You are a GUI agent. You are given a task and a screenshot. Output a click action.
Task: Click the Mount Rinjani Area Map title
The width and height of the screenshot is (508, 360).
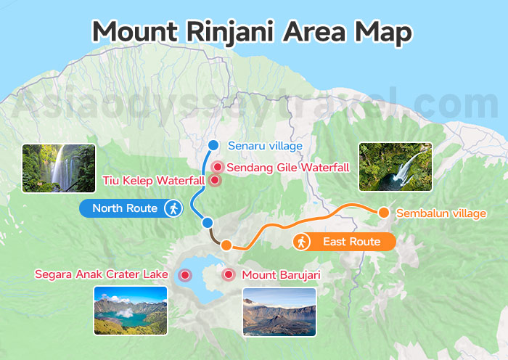tap(253, 32)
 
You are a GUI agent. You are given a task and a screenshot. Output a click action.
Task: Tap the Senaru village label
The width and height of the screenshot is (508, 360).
tap(265, 145)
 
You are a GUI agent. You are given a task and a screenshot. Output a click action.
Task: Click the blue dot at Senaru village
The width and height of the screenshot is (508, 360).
tap(213, 144)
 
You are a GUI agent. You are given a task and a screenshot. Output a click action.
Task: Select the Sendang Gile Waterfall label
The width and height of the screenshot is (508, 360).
tap(288, 168)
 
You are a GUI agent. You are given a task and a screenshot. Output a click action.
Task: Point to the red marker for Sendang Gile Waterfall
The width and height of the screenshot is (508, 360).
tap(217, 167)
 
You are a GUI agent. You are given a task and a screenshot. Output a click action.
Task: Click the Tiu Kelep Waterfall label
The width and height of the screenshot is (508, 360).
tap(153, 180)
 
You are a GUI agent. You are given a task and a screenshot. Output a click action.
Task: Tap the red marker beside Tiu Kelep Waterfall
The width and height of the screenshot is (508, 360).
tap(214, 180)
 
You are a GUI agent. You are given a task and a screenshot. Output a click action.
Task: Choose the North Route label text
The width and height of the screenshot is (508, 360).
tap(126, 208)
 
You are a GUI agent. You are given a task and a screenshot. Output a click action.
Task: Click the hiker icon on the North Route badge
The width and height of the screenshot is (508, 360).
tap(172, 208)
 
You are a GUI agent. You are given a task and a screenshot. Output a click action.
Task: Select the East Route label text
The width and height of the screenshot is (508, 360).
tap(352, 241)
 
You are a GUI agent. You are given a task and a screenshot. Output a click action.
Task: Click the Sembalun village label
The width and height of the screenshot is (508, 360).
tap(441, 213)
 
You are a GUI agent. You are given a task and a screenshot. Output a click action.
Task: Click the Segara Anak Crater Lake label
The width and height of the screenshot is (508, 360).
tap(102, 274)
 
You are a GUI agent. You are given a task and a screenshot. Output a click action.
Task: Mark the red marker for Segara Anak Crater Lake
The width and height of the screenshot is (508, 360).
tap(185, 274)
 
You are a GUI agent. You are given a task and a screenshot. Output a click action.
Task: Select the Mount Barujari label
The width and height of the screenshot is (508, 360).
tap(281, 274)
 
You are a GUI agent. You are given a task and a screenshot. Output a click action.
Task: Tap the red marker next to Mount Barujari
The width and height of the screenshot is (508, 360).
tap(229, 274)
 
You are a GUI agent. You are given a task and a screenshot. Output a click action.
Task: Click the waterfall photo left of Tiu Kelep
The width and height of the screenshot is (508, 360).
tap(59, 168)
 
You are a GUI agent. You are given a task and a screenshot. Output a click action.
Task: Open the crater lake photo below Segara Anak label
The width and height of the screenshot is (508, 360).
tap(131, 311)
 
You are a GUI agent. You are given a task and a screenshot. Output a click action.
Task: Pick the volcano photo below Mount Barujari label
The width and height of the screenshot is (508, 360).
tap(279, 312)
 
